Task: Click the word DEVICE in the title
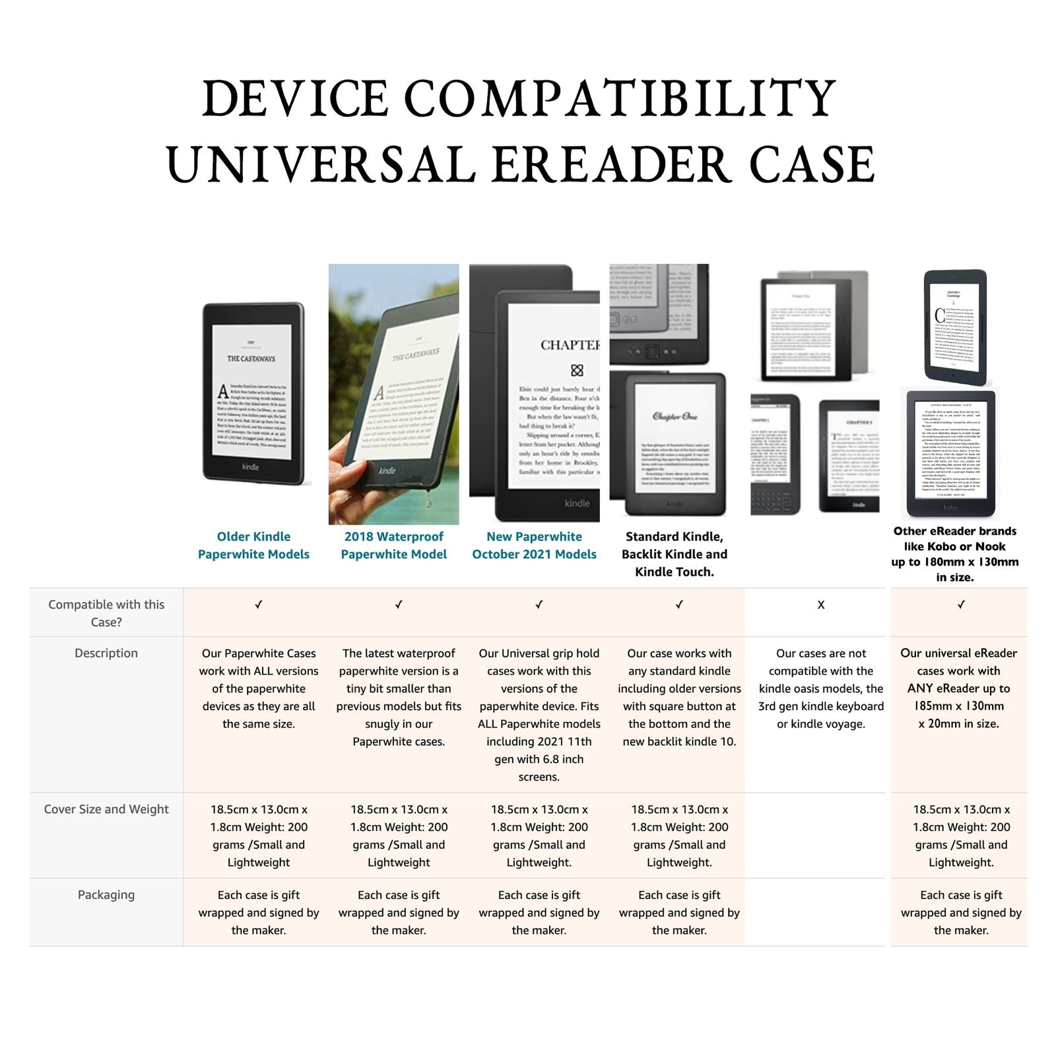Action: point(295,99)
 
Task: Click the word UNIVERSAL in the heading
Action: point(321,166)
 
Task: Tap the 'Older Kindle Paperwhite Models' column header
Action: point(253,545)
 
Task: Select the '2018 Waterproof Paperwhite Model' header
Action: point(393,545)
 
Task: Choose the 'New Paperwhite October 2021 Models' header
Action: point(534,545)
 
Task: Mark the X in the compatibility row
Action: point(820,605)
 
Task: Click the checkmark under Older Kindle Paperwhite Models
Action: point(258,605)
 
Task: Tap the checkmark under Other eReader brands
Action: point(961,605)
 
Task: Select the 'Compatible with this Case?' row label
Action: point(106,613)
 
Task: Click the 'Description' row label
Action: point(106,653)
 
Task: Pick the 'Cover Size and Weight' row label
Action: point(106,809)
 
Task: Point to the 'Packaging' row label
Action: point(106,895)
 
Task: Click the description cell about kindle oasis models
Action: point(820,688)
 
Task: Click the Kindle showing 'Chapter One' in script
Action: point(673,442)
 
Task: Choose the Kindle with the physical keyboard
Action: point(775,455)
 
